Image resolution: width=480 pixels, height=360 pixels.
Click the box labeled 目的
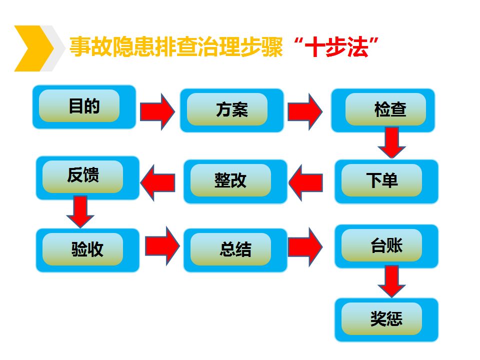pyautogui.click(x=84, y=107)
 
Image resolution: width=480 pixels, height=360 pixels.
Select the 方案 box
pyautogui.click(x=231, y=110)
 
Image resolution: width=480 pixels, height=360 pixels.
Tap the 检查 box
pyautogui.click(x=383, y=110)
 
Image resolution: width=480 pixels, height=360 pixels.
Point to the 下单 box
pyautogui.click(x=386, y=181)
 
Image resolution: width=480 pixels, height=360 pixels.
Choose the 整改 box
pyautogui.click(x=235, y=181)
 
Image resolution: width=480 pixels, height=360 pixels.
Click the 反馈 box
pyautogui.click(x=87, y=178)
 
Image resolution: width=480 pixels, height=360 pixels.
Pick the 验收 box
pyautogui.click(x=87, y=250)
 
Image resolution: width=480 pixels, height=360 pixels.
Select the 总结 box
pyautogui.click(x=235, y=250)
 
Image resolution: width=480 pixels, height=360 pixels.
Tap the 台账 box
pyautogui.click(x=386, y=246)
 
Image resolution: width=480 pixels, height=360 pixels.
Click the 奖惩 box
pyautogui.click(x=386, y=320)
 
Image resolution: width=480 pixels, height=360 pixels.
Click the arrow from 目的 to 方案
pyautogui.click(x=157, y=111)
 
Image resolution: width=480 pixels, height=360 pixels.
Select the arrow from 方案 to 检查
pyautogui.click(x=305, y=111)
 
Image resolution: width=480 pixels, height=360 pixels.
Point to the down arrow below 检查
pyautogui.click(x=392, y=142)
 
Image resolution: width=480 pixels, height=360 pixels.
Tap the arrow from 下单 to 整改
pyautogui.click(x=305, y=183)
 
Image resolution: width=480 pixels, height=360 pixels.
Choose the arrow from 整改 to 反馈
pyautogui.click(x=157, y=183)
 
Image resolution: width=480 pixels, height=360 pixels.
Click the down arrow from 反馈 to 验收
pyautogui.click(x=80, y=212)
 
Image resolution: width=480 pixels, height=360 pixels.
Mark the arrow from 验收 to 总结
pyautogui.click(x=162, y=246)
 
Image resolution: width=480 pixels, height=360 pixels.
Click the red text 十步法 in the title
pyautogui.click(x=336, y=47)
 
